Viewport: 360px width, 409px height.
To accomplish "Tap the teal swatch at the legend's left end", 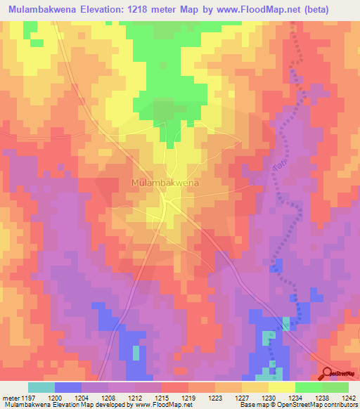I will [x=41, y=387].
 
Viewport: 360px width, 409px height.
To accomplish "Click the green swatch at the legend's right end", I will [x=335, y=387].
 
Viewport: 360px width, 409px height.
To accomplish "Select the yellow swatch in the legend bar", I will [x=281, y=387].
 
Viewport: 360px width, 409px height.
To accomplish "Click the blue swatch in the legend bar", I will [x=68, y=387].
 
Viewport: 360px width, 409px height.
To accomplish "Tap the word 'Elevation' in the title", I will [x=113, y=9].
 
